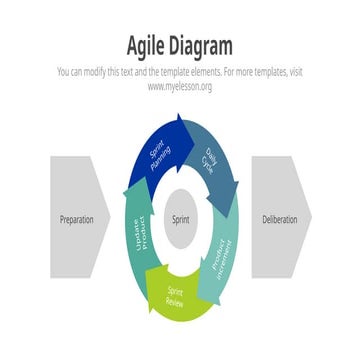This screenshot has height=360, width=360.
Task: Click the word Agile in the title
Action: coord(148,46)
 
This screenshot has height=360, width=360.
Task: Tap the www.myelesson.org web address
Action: coord(180,87)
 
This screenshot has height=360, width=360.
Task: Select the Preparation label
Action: coord(77,219)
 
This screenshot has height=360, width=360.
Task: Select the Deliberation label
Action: coord(279,219)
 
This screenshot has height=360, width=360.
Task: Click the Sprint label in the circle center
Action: coord(180,219)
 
